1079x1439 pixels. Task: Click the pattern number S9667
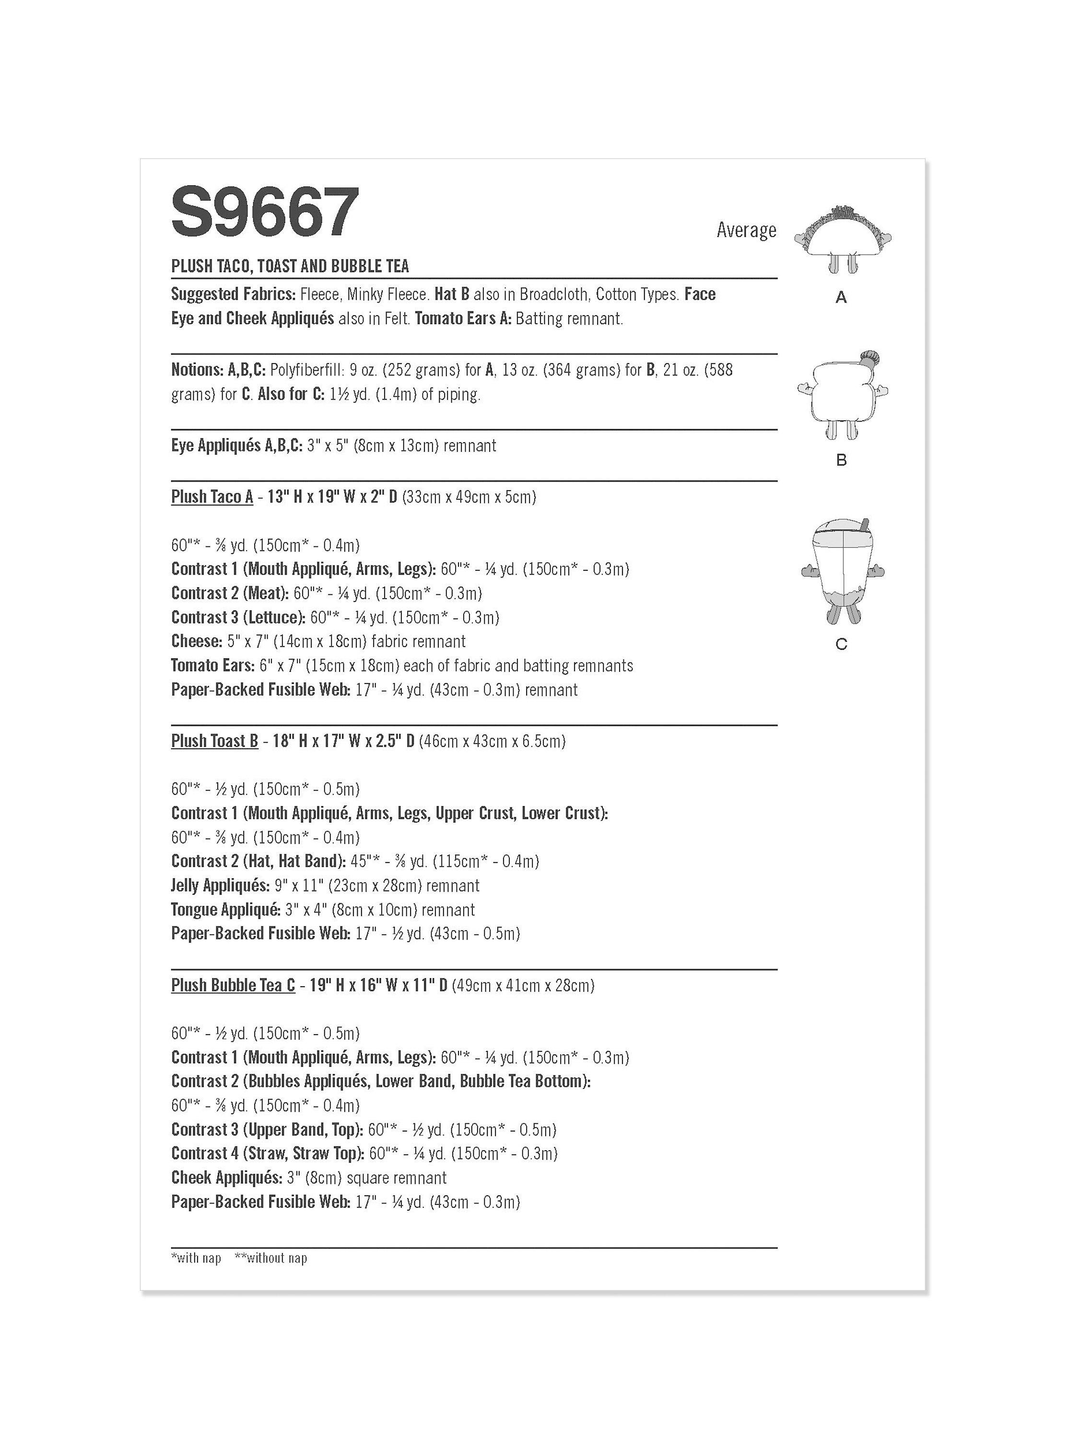[265, 212]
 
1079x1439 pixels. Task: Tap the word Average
[746, 230]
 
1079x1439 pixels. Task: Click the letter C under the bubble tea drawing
[842, 644]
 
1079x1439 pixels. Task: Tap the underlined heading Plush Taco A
[212, 497]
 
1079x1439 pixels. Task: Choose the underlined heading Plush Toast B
[215, 741]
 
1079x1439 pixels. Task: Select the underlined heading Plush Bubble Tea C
[233, 985]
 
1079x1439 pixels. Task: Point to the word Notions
[197, 369]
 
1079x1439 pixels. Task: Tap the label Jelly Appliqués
[220, 885]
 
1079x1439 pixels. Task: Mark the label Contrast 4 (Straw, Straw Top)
[267, 1154]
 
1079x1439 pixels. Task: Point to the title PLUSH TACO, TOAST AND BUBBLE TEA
[290, 266]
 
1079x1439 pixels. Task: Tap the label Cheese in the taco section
[197, 641]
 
